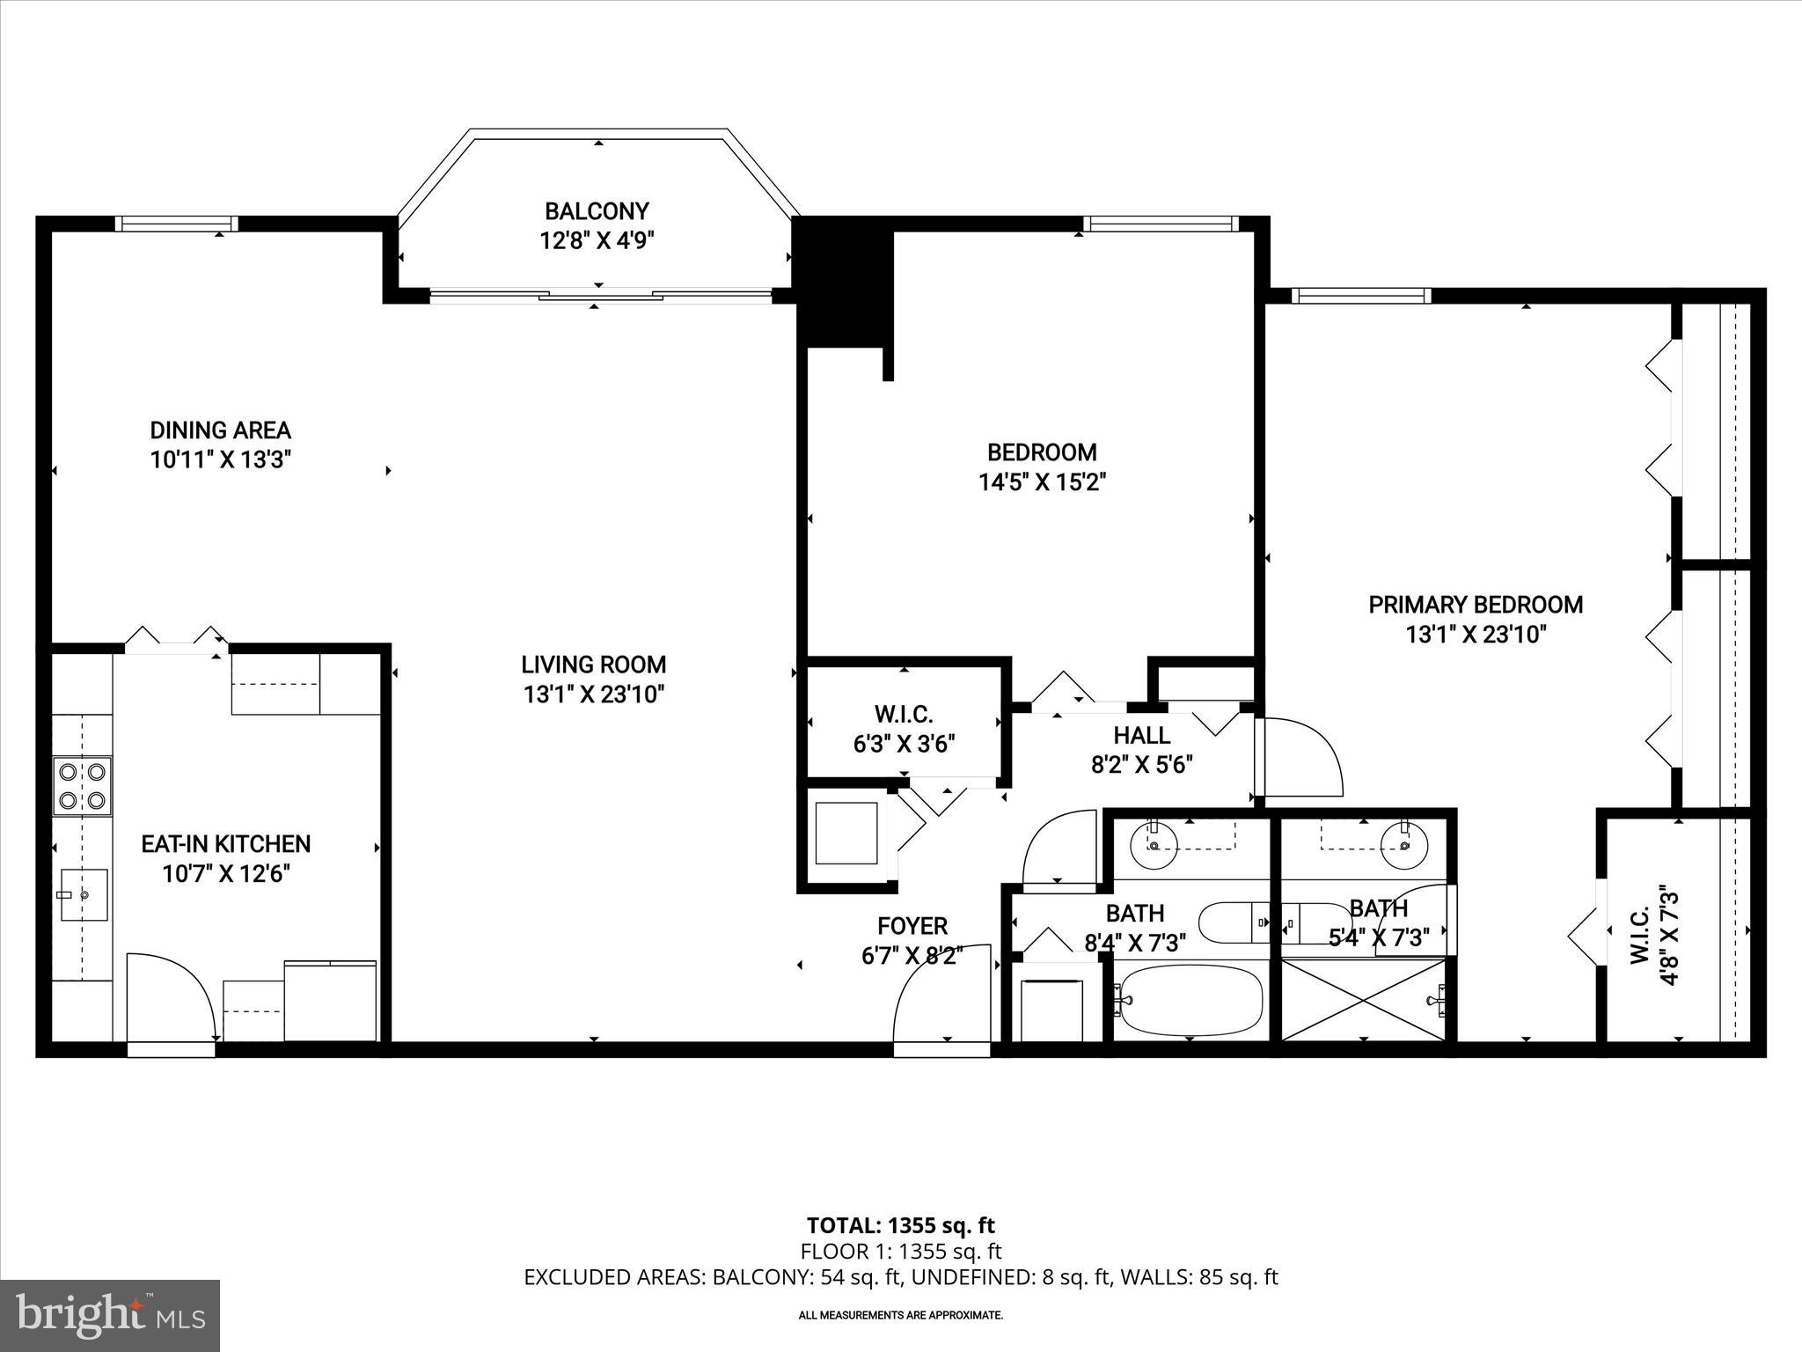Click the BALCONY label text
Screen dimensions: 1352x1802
point(597,211)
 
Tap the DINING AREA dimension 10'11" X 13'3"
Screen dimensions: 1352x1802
point(220,459)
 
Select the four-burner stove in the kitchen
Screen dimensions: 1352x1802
point(82,786)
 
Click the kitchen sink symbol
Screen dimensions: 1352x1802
point(84,894)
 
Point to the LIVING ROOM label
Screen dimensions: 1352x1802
point(593,665)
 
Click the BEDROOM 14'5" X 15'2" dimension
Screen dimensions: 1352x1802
point(1042,482)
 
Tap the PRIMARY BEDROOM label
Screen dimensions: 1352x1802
point(1475,605)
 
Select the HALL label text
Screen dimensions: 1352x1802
point(1141,735)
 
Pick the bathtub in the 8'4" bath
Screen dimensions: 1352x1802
point(1188,1002)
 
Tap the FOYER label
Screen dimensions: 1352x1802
point(912,926)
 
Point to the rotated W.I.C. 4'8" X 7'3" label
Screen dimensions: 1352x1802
point(1654,937)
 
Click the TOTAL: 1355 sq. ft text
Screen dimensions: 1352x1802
point(900,1225)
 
